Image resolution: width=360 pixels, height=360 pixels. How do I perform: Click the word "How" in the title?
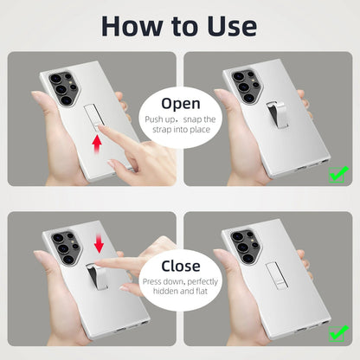point(132,26)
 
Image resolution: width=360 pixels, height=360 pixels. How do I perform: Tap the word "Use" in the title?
point(232,26)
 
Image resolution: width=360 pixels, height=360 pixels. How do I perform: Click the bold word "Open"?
point(181,104)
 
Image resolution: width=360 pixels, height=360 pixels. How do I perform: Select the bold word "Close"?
point(181,266)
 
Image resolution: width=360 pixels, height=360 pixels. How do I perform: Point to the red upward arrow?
point(97,145)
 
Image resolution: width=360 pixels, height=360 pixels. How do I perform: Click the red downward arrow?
point(99,243)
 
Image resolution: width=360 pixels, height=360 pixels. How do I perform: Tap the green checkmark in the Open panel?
point(338,174)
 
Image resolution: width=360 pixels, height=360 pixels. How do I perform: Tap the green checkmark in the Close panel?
point(338,333)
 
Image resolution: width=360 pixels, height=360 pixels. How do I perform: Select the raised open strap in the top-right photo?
point(277,115)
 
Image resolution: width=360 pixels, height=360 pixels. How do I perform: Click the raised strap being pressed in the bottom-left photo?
point(96,276)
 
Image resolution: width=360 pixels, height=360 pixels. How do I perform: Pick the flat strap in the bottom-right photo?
point(276,276)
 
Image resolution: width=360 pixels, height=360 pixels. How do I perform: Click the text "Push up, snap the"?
point(180,119)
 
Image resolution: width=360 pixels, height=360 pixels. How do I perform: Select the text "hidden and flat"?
point(180,291)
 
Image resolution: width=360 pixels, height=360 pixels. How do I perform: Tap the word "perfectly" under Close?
point(202,281)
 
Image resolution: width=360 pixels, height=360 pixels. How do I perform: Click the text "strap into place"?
point(181,130)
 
